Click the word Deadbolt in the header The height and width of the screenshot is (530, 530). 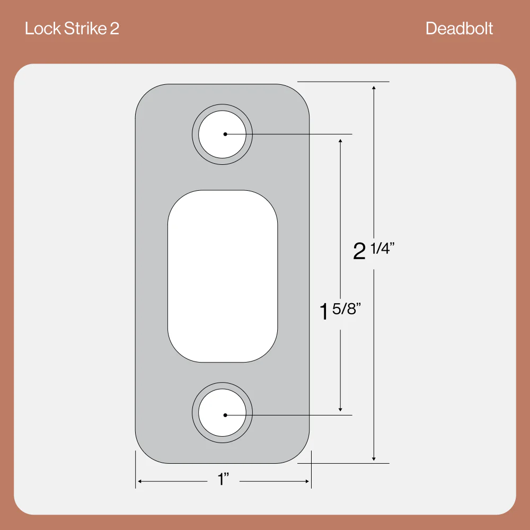[x=459, y=29]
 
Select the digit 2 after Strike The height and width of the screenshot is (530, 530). [x=114, y=29]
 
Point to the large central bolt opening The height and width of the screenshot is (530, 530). [x=223, y=276]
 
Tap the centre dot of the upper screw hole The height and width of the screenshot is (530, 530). [x=225, y=134]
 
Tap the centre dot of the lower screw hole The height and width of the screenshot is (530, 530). [x=225, y=415]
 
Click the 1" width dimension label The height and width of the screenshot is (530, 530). [x=223, y=479]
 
